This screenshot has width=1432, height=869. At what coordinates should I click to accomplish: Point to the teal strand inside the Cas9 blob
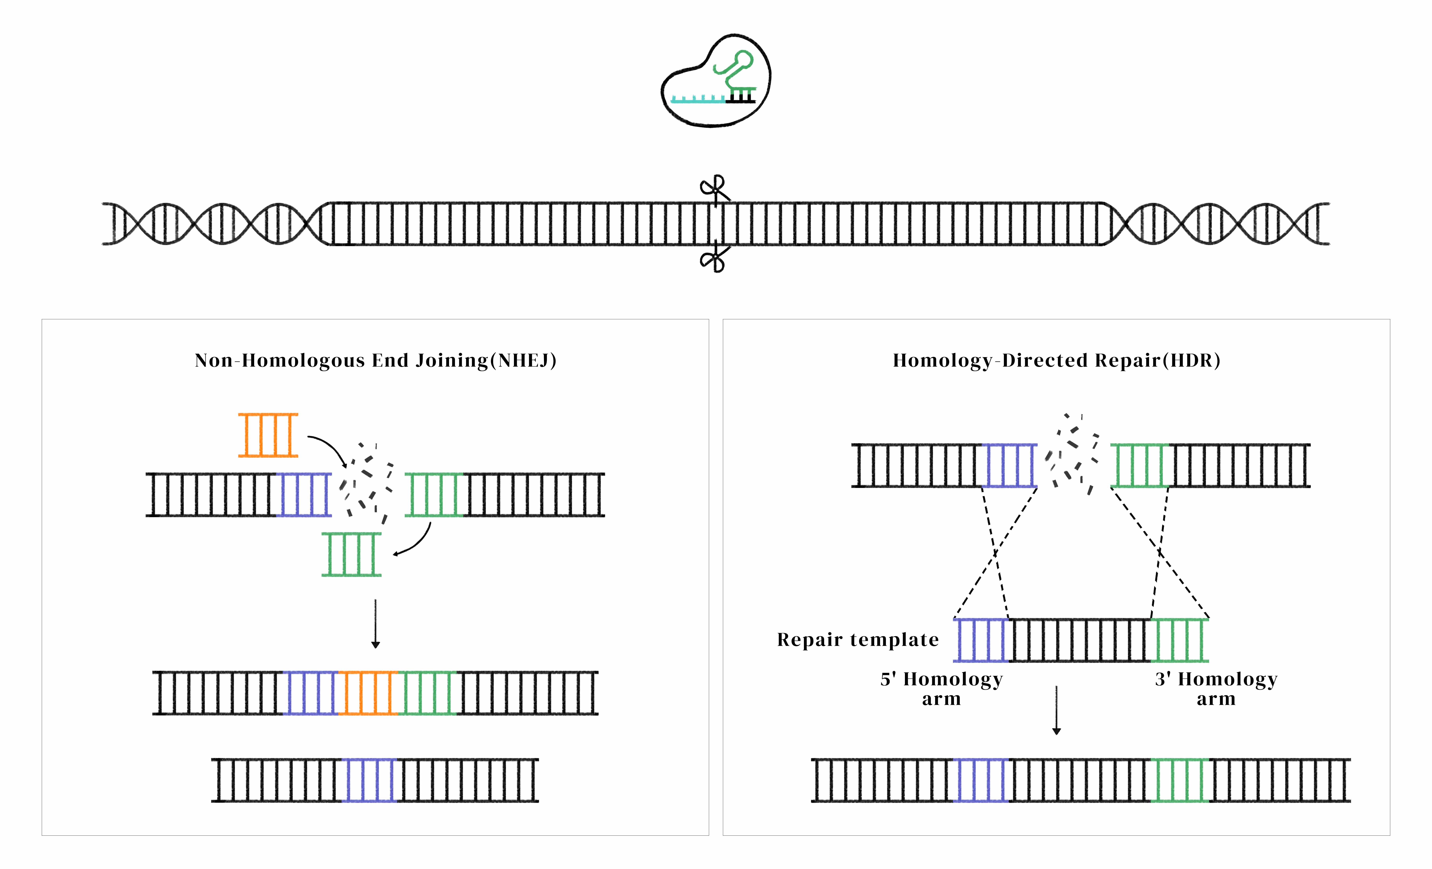coord(697,99)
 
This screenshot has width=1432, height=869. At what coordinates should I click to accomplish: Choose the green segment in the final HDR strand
coord(1180,780)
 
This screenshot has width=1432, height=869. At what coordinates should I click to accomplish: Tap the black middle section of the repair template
coord(1079,640)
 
